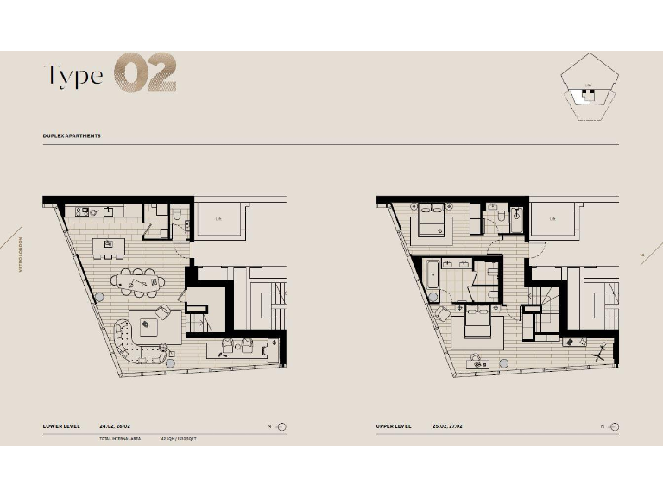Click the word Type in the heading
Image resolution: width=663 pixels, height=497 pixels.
point(73,75)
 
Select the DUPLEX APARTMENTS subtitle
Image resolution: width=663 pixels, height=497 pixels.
point(72,136)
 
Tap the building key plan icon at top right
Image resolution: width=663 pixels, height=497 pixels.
point(590,85)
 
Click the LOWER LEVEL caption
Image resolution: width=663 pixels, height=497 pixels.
point(63,426)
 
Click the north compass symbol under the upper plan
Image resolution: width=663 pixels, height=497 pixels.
point(614,426)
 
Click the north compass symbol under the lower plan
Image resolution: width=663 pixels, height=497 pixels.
point(281,426)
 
